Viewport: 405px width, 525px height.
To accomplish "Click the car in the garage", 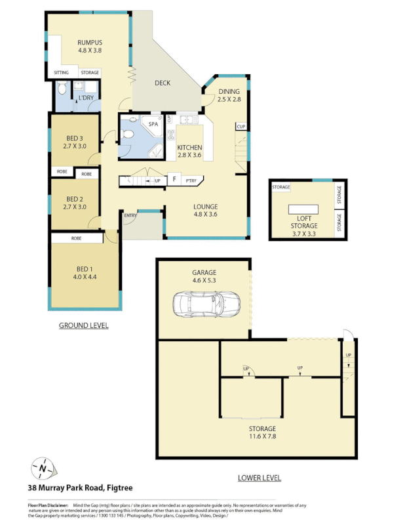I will coord(206,303).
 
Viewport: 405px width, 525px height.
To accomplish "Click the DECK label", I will coord(163,83).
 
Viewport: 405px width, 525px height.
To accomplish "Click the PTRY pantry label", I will coord(191,180).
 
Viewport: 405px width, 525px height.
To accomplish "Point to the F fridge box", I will coord(175,179).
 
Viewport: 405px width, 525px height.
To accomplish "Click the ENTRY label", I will coord(130,215).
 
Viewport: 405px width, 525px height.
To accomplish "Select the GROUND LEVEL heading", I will coord(84,325).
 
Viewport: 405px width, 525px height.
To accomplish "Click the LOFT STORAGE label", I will coord(304,222).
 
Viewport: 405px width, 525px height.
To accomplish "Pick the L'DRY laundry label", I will coord(86,98).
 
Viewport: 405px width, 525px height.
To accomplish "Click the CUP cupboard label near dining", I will coord(241,126).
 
